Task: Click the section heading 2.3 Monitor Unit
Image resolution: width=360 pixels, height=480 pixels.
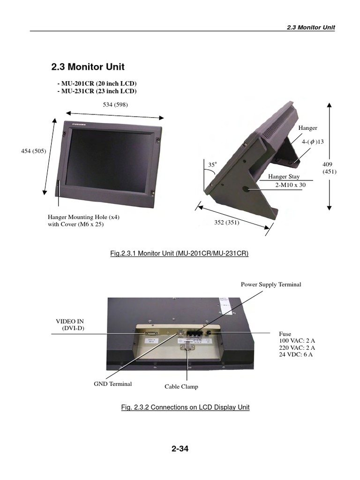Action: tap(88, 67)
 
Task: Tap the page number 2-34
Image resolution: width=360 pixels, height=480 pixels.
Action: tap(180, 449)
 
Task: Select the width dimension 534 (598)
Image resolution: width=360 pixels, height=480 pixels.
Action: tap(115, 105)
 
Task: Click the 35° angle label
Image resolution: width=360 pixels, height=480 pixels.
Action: tap(213, 165)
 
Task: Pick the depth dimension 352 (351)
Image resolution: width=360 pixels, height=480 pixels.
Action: tap(227, 223)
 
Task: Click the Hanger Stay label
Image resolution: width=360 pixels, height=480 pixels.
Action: tap(284, 177)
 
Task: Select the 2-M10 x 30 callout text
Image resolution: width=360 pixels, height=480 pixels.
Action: tap(290, 185)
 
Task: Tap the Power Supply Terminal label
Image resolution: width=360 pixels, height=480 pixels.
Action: tap(271, 285)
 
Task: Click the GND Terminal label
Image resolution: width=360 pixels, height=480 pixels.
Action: tap(113, 384)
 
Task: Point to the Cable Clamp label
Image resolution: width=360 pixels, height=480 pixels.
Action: tap(181, 387)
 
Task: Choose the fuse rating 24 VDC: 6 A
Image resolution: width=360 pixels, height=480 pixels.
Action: tap(296, 355)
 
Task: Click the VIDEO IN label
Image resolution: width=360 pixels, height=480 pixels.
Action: tap(70, 321)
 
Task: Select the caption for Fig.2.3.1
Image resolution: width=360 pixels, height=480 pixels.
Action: tap(179, 254)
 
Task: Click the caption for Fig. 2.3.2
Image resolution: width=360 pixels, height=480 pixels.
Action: tap(185, 407)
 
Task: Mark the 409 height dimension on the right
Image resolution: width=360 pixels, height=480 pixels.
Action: tap(327, 164)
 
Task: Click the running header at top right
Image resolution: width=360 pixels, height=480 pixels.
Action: tap(311, 27)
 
